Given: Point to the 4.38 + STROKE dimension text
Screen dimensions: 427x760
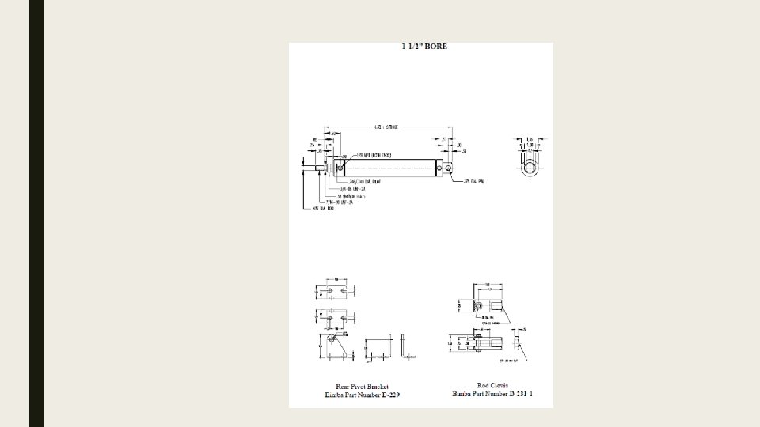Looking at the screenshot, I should [x=386, y=127].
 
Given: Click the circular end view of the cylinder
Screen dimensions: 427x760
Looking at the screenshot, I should [x=530, y=167].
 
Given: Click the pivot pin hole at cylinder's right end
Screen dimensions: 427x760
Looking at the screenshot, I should [x=447, y=167].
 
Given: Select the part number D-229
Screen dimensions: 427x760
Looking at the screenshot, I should [x=388, y=394].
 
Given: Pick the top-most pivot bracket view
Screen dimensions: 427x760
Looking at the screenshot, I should [x=336, y=292].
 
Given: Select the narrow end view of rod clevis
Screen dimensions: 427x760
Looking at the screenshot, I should [x=517, y=342].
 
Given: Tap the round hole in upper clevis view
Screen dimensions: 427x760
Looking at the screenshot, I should [x=478, y=305].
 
